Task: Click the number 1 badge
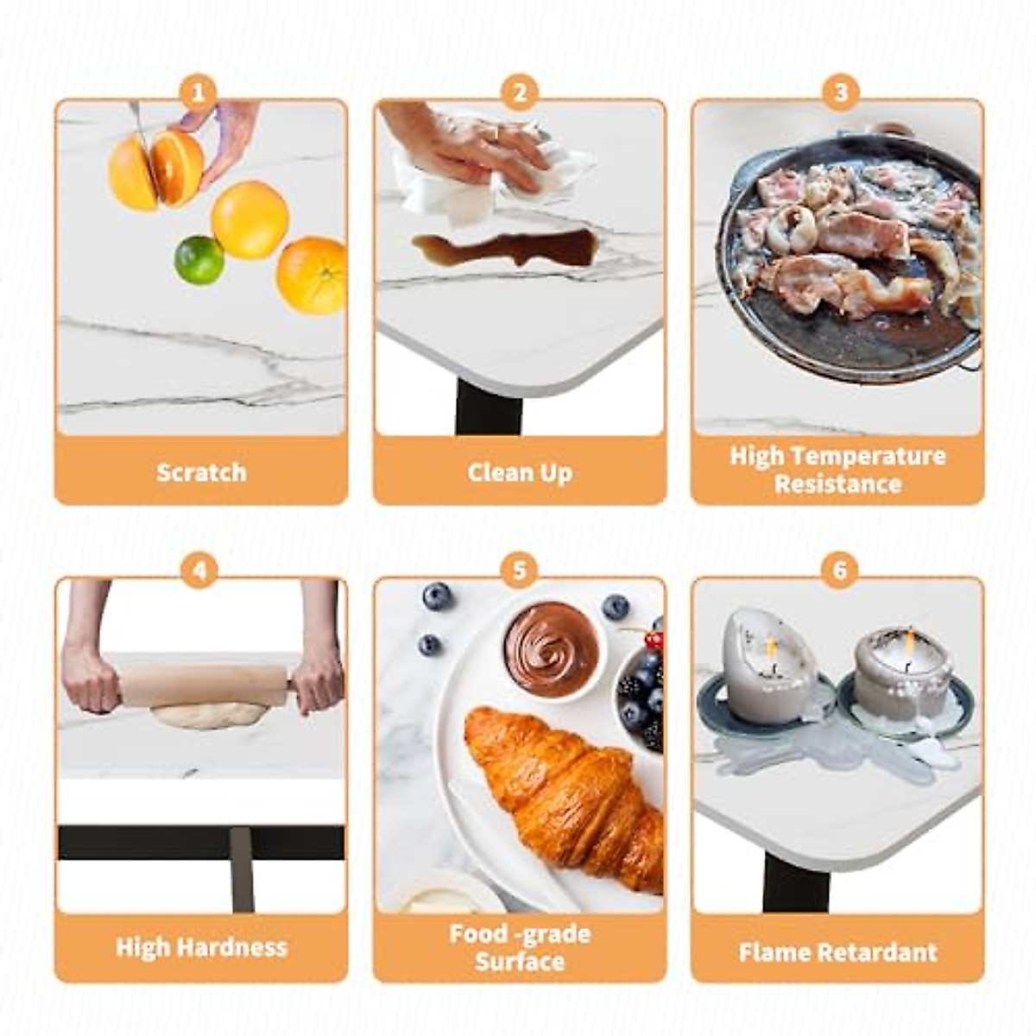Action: pos(199,91)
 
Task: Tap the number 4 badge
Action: pos(199,571)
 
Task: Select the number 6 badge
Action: pos(839,571)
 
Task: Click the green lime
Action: pos(199,260)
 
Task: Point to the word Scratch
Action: pos(201,472)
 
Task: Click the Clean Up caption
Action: pos(519,472)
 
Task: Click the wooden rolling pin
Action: pos(203,685)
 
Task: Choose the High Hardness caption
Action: pos(201,947)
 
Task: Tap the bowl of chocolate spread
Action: pos(551,648)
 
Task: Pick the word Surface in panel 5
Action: pos(519,961)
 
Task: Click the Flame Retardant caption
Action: pos(837,952)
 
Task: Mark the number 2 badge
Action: pos(519,91)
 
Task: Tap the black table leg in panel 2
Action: pos(489,409)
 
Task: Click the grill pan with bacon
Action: pos(850,259)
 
